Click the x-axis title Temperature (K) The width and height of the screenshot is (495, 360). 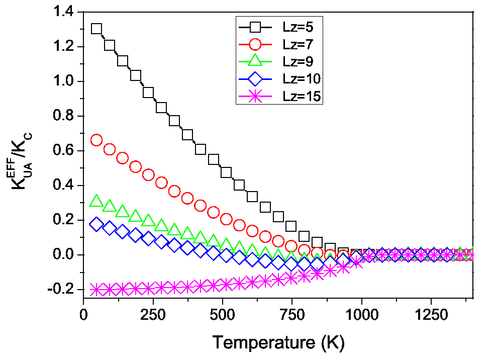pyautogui.click(x=278, y=343)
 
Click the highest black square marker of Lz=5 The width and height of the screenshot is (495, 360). pyautogui.click(x=96, y=29)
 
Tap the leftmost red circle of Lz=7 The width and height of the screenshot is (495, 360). pyautogui.click(x=96, y=140)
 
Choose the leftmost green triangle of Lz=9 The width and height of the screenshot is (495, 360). pyautogui.click(x=96, y=202)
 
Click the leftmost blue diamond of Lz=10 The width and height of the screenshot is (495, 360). pyautogui.click(x=96, y=224)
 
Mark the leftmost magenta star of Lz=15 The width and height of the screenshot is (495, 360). pyautogui.click(x=96, y=290)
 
